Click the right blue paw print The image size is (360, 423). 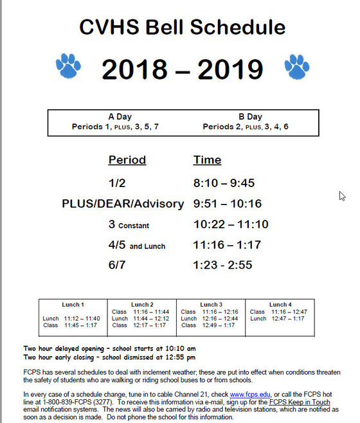(296, 66)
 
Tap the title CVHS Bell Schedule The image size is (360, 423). (182, 27)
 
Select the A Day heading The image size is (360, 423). (120, 117)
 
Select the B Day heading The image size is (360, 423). (250, 117)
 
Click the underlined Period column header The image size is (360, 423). (127, 160)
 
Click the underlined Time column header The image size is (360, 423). (207, 160)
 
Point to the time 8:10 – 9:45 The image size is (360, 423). (224, 183)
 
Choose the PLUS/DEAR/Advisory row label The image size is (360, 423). (123, 204)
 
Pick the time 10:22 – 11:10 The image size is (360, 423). (231, 224)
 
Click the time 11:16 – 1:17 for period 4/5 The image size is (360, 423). (226, 245)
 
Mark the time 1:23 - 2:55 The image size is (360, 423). (224, 265)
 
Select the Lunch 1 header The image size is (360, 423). (72, 304)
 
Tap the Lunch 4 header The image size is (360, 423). (278, 304)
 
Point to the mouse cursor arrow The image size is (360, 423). (342, 196)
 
